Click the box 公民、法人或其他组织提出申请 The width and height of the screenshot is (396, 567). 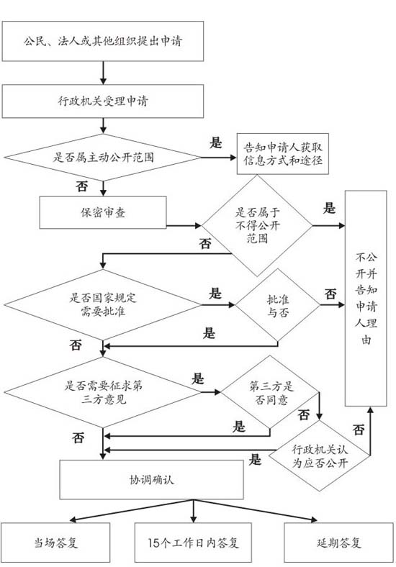click(103, 41)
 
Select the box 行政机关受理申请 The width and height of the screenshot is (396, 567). click(103, 101)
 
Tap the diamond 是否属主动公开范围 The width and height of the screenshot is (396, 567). click(103, 158)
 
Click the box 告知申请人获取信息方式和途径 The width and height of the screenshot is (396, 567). click(283, 154)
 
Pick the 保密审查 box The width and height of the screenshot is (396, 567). click(103, 212)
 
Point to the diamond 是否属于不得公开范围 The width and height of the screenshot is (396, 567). click(257, 226)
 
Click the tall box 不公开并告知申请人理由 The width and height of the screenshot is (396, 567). click(366, 299)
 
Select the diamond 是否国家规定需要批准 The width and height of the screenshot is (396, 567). click(103, 305)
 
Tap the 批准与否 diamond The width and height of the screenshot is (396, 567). click(278, 305)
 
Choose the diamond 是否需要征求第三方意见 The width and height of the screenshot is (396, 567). click(103, 392)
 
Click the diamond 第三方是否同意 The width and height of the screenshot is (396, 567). click(270, 392)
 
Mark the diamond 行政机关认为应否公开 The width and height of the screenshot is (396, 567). click(320, 455)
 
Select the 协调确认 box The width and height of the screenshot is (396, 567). click(151, 479)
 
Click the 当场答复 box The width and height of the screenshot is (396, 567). click(55, 543)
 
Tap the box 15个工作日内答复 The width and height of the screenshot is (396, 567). click(193, 543)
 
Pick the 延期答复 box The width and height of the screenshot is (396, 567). click(339, 543)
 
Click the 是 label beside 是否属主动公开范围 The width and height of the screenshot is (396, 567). click(215, 143)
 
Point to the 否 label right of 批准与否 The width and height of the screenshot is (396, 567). click(330, 294)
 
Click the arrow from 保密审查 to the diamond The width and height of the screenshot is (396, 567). click(184, 226)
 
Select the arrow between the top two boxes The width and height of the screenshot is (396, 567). click(103, 73)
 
